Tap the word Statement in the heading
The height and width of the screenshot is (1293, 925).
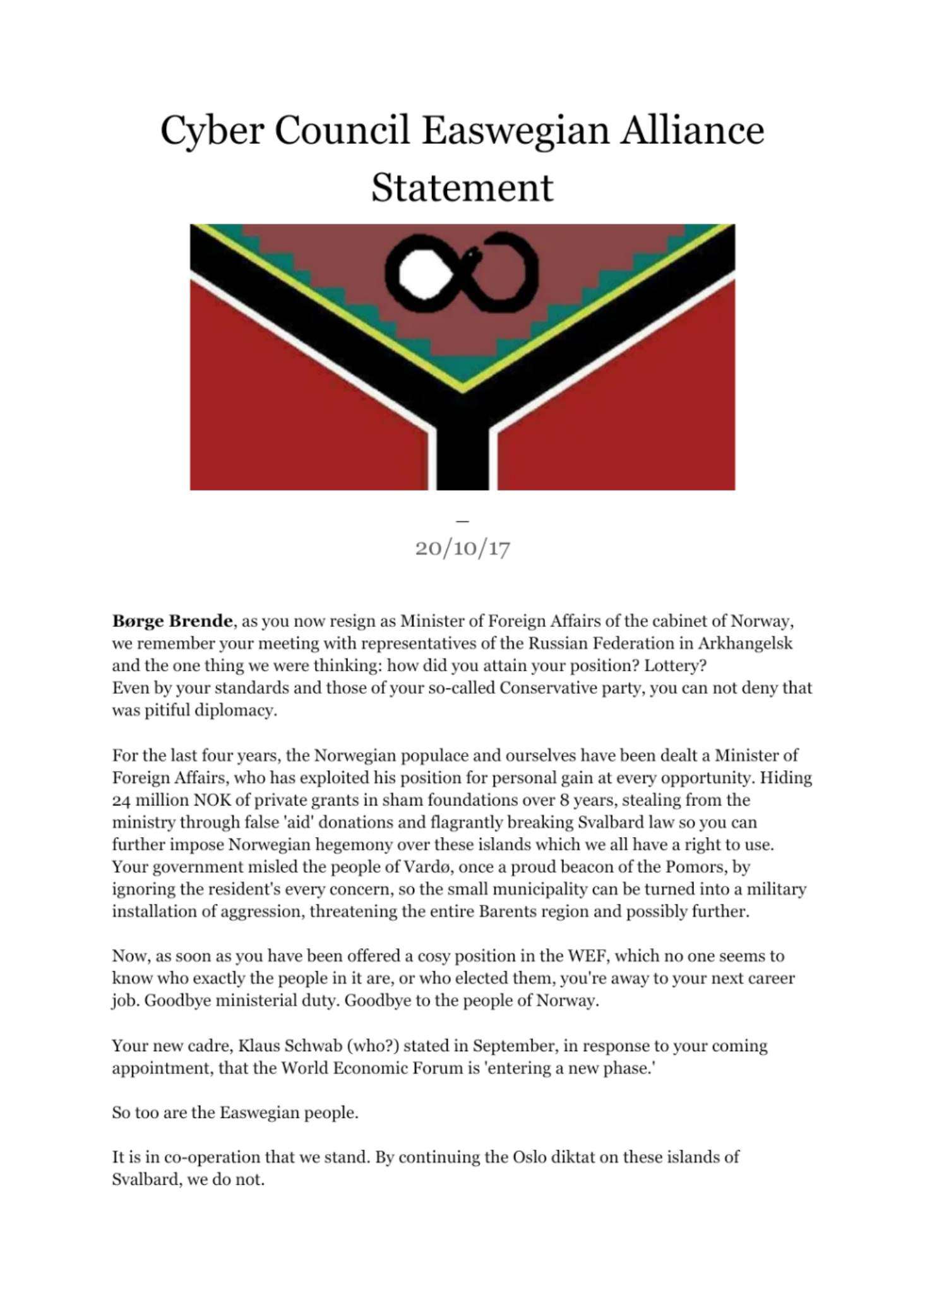(462, 188)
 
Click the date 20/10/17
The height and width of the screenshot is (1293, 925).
(462, 548)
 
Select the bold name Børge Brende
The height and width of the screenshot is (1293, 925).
(172, 621)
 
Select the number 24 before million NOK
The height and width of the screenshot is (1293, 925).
(121, 801)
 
